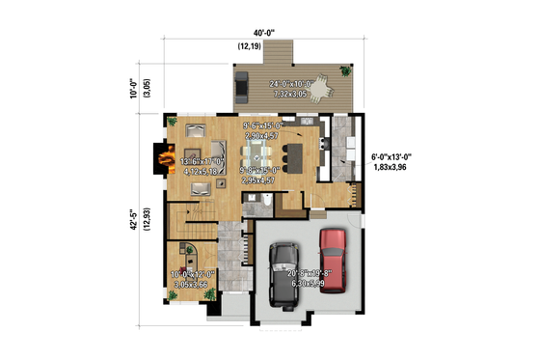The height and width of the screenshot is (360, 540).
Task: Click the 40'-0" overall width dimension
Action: (254, 33)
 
